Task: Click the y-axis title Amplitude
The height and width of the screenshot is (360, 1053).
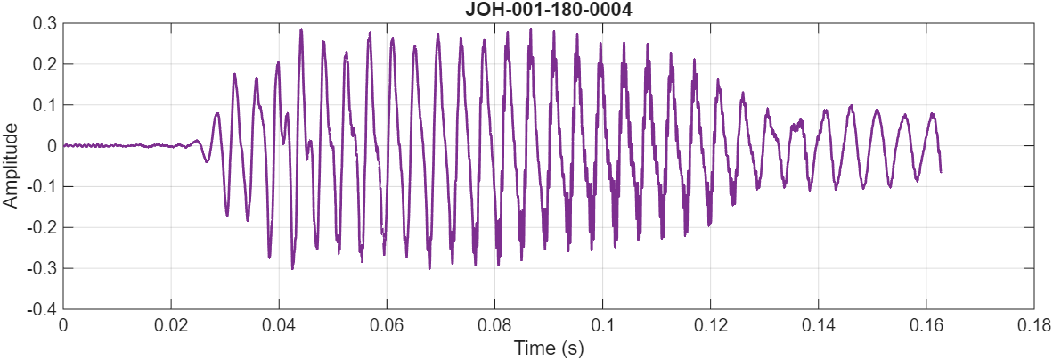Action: [x=11, y=166]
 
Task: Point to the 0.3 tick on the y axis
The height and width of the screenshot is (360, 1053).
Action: [x=45, y=23]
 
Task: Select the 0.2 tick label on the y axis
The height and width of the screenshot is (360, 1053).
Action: [x=45, y=64]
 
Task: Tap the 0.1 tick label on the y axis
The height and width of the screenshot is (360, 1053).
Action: [x=45, y=105]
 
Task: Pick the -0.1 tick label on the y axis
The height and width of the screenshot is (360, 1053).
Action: [x=42, y=187]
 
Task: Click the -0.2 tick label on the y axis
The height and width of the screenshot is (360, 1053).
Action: [x=42, y=228]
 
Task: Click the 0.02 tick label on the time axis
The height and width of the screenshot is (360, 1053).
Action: [x=171, y=325]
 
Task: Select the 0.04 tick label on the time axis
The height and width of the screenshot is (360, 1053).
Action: [x=279, y=325]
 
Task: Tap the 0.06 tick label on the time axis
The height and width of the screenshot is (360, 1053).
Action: [x=387, y=325]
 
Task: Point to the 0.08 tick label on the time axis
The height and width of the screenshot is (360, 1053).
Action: [x=494, y=325]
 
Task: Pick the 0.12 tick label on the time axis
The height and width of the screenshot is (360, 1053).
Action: [x=710, y=325]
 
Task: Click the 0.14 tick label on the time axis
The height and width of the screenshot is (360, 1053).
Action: [x=818, y=325]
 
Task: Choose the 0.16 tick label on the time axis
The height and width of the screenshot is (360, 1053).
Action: [x=926, y=325]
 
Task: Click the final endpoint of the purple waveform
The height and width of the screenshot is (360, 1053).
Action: [x=941, y=171]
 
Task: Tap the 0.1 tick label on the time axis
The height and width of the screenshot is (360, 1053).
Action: [x=602, y=325]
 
